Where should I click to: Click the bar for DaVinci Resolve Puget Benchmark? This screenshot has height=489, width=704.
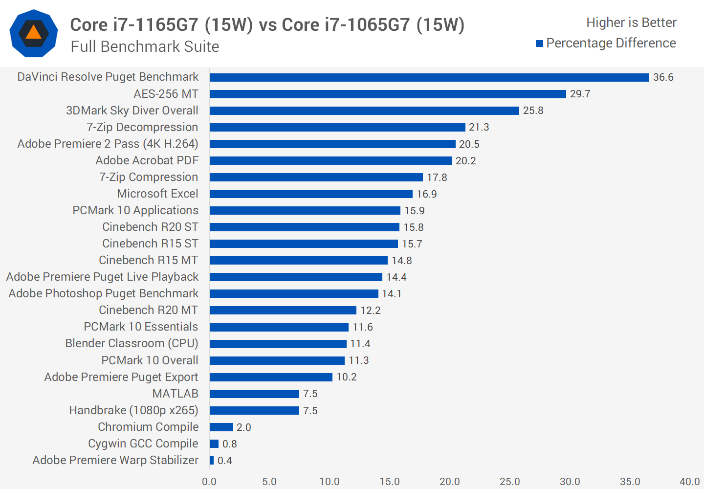[429, 77]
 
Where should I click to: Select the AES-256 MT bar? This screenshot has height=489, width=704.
[388, 94]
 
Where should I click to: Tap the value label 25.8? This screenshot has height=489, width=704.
[533, 111]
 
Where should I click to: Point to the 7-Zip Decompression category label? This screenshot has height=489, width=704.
[142, 127]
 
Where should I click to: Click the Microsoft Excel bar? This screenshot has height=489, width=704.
[311, 194]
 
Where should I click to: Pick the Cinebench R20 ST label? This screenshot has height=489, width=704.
[150, 227]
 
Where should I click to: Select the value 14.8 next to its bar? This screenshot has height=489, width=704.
[401, 261]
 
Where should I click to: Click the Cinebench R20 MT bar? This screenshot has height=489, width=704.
[283, 310]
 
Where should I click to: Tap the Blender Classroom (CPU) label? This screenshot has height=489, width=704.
[132, 343]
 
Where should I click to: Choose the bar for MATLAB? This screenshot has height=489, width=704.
[254, 394]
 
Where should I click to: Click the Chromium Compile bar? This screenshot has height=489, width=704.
[221, 427]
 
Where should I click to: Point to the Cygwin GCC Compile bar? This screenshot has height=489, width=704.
[214, 444]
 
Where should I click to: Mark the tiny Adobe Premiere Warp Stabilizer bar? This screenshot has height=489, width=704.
[212, 460]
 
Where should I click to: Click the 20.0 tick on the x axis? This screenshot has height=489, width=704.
[449, 482]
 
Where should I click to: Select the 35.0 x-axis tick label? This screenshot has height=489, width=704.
[630, 482]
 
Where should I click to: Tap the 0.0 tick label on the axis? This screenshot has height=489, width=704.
[209, 482]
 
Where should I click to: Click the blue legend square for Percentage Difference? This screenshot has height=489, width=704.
[539, 44]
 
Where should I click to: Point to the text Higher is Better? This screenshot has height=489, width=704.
[631, 22]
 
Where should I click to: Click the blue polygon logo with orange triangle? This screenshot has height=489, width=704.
[34, 33]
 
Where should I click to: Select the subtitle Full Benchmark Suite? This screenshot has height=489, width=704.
[145, 46]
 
